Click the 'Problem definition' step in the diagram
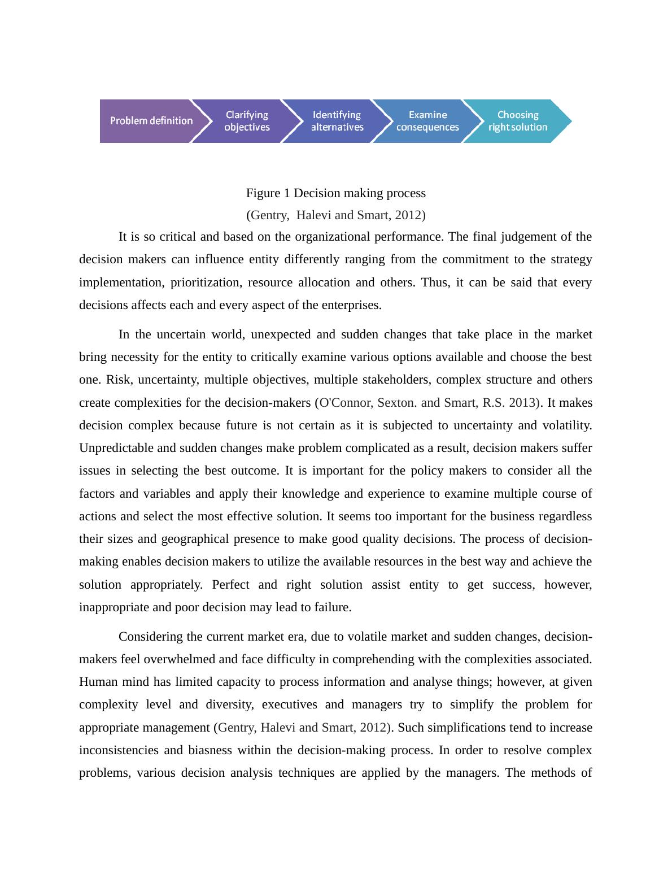click(151, 121)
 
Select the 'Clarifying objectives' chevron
click(247, 121)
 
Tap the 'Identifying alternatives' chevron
click(337, 121)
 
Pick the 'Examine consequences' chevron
click(427, 121)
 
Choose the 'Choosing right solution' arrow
click(518, 121)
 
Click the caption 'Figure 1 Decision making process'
click(335, 193)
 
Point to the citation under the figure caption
click(335, 215)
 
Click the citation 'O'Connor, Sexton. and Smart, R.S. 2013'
click(427, 403)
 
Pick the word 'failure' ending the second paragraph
click(334, 607)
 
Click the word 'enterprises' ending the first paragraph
click(351, 305)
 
